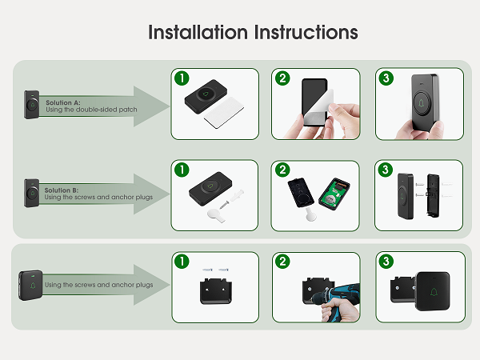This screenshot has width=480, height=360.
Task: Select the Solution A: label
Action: coord(63,103)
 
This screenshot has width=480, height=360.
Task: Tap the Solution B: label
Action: coord(63,190)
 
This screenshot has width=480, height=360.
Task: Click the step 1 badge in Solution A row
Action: coord(182,78)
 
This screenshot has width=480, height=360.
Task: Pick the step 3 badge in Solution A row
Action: coord(386,78)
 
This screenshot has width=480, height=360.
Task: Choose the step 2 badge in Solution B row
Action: coord(283,170)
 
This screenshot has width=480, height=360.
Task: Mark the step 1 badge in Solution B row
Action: coord(182,170)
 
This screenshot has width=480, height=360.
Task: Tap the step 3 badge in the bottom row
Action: coord(386,262)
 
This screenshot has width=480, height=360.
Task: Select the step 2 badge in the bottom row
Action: coord(283,262)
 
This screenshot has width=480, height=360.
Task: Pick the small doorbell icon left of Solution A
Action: coord(32,105)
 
